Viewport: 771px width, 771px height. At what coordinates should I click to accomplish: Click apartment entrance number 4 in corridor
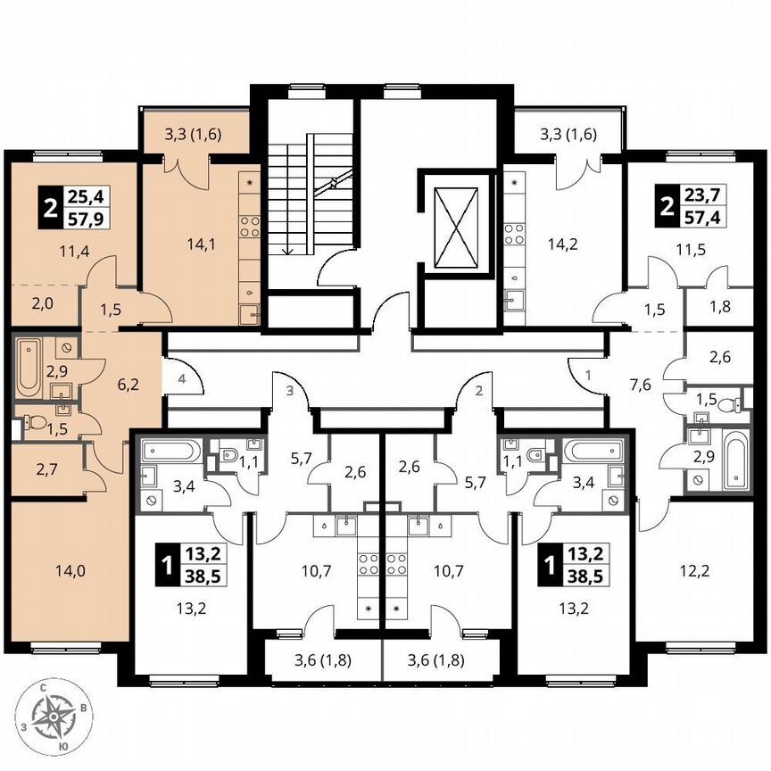182,378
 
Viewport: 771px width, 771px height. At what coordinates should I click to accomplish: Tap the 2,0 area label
42,303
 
